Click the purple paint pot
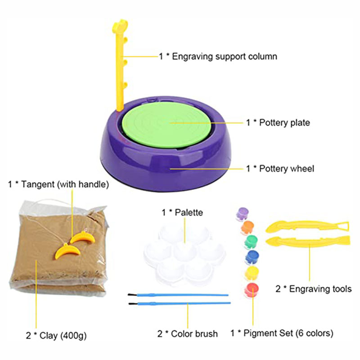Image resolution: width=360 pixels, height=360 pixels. (x=243, y=214)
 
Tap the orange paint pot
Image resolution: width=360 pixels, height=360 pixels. (x=247, y=227)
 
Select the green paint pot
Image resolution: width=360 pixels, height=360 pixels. (x=251, y=242)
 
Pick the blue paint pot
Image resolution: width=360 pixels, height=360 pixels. (x=252, y=256)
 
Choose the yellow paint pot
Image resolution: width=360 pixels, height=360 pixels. (x=252, y=273)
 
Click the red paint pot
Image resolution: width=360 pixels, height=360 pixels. (x=252, y=290)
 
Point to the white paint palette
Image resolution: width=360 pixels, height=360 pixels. (x=185, y=254)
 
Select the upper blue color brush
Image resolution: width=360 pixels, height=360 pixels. (x=178, y=295)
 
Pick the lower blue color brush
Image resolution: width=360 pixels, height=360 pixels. (x=180, y=303)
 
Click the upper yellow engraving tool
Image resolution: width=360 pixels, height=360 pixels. (x=307, y=226)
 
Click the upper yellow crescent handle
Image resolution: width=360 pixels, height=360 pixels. (x=82, y=238)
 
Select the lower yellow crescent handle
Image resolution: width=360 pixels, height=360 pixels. (x=68, y=251)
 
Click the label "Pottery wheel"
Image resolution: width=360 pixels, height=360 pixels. (x=287, y=169)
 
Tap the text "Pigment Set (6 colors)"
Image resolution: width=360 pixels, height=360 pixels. (x=288, y=333)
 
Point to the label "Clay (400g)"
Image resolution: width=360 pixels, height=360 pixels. (x=63, y=336)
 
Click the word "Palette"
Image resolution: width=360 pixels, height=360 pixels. (x=189, y=212)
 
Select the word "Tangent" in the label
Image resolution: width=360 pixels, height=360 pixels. (x=38, y=184)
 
